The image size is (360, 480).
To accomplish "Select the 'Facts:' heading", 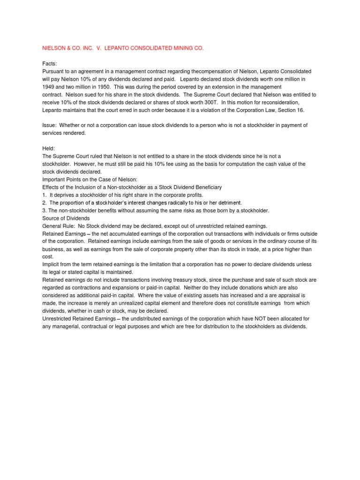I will pyautogui.click(x=50, y=63).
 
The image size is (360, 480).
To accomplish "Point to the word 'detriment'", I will pyautogui.click(x=228, y=202).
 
